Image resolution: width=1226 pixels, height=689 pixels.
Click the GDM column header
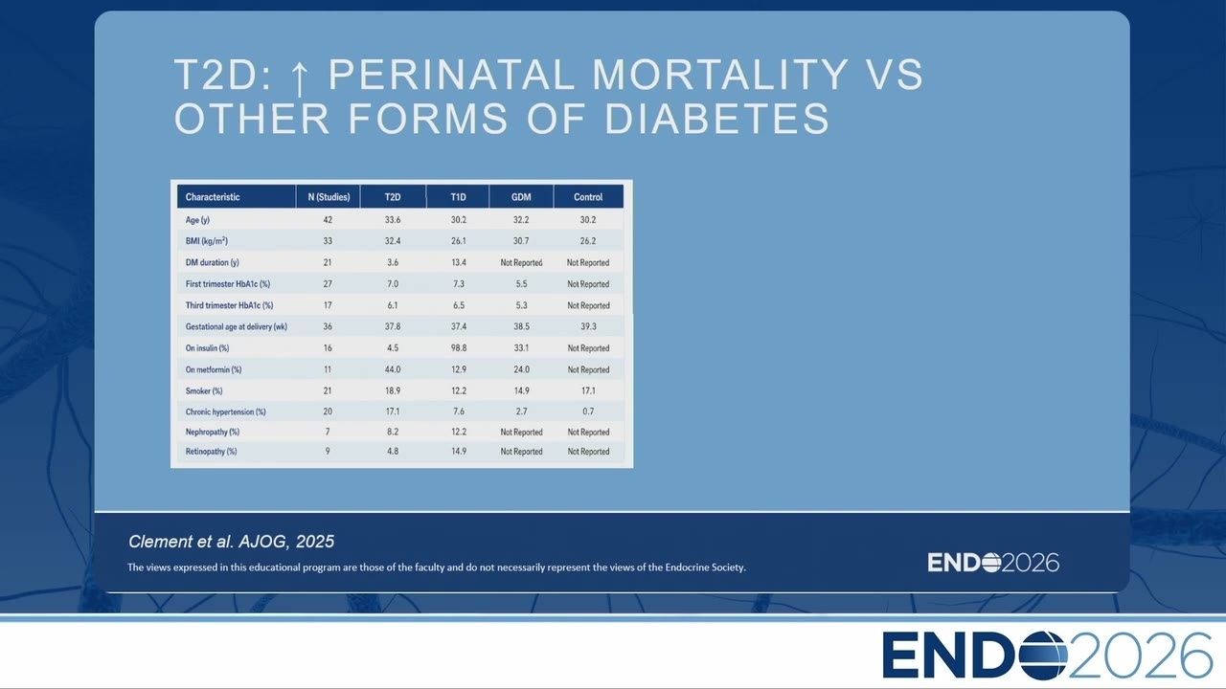tap(521, 197)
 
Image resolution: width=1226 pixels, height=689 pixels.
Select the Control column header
tap(588, 197)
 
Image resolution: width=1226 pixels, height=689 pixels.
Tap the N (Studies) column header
tap(329, 197)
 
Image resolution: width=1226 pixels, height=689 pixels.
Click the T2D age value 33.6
tap(393, 220)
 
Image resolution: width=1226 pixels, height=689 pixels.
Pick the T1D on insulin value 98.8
tap(459, 347)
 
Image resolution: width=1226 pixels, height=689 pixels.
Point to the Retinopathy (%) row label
tap(211, 452)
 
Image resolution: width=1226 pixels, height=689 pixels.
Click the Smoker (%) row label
tap(204, 391)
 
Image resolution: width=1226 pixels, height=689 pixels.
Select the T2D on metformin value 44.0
tap(393, 369)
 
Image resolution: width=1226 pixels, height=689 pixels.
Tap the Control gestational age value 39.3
tap(588, 326)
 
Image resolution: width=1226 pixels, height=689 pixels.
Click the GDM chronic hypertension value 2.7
tap(521, 411)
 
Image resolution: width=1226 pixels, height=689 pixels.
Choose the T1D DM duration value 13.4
tap(459, 262)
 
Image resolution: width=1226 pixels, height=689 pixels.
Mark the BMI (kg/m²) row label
tap(206, 240)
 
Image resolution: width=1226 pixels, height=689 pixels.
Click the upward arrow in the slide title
tap(299, 78)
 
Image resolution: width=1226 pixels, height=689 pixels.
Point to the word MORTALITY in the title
tap(720, 75)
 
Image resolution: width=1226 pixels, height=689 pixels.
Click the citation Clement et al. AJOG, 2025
tap(231, 542)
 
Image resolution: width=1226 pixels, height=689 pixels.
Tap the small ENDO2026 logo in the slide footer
tap(993, 563)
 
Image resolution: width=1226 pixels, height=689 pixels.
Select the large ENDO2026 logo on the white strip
tap(1048, 656)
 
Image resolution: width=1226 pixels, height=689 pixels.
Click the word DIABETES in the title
tap(717, 119)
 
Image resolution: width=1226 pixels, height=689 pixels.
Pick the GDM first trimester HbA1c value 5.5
tap(521, 284)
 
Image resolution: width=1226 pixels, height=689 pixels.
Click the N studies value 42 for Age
tap(328, 220)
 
